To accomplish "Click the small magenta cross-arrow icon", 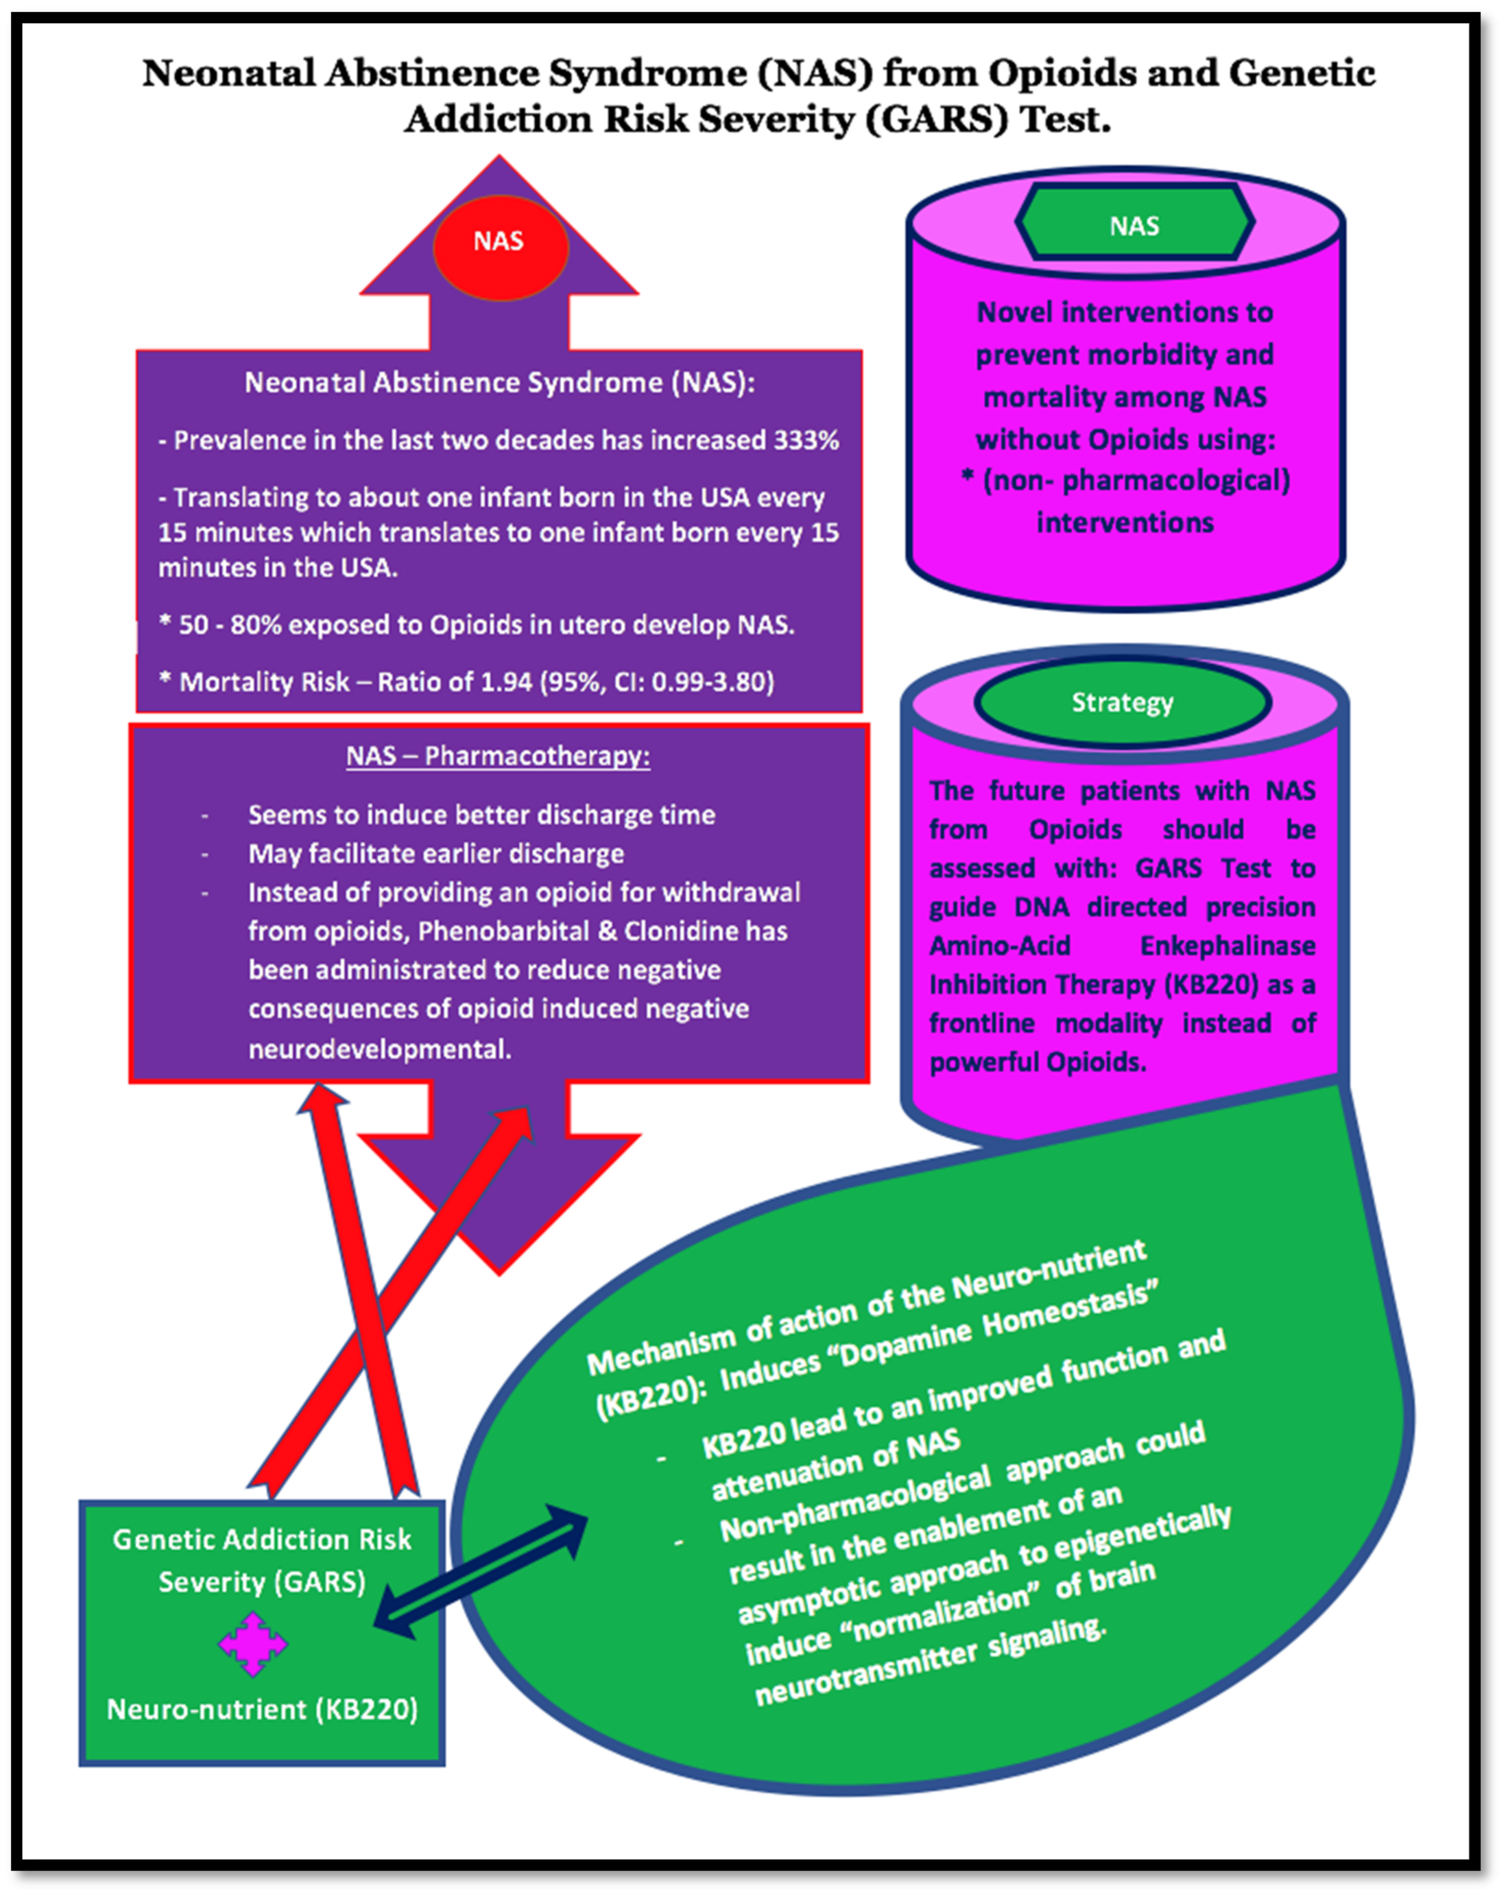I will (253, 1645).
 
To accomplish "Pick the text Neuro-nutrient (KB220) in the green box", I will (262, 1709).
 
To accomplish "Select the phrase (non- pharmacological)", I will (1136, 480).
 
